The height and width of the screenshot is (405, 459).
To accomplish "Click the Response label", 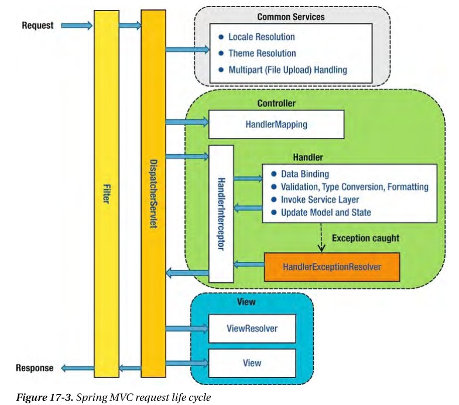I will click(x=35, y=368).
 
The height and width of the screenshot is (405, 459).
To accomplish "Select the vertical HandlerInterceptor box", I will click(x=221, y=213).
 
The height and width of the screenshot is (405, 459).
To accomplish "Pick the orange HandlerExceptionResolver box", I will click(x=332, y=266).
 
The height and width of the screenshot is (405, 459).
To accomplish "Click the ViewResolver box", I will click(x=252, y=328).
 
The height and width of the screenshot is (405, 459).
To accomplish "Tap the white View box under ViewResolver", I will click(x=252, y=363).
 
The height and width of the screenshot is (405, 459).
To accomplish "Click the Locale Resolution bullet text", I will click(x=261, y=37).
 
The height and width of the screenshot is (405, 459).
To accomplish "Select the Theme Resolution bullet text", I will click(x=262, y=53).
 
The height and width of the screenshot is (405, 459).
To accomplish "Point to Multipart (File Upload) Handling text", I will click(x=287, y=70).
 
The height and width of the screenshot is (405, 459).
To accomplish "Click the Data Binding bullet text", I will click(x=304, y=174).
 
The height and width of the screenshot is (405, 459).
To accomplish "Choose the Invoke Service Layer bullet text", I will click(x=320, y=199).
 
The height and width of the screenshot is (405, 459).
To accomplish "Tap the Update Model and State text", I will click(x=326, y=212).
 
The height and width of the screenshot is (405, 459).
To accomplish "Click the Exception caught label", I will click(x=365, y=238).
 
